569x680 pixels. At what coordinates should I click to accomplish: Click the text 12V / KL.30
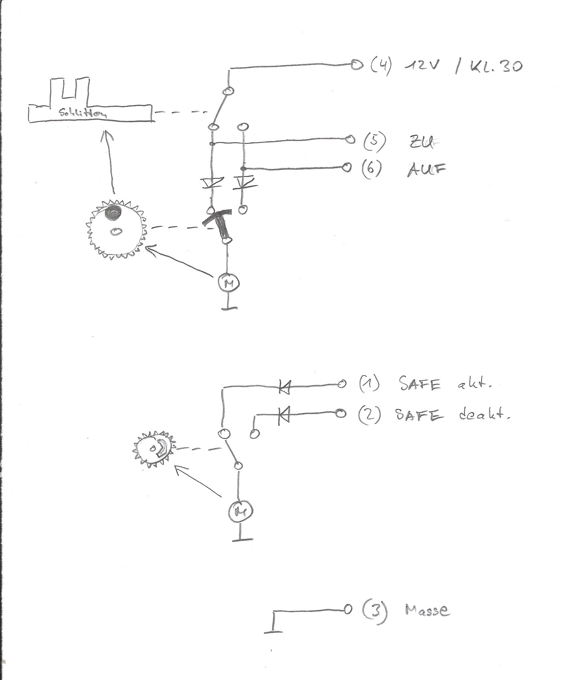pyautogui.click(x=463, y=67)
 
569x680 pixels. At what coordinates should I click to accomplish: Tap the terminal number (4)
pyautogui.click(x=381, y=66)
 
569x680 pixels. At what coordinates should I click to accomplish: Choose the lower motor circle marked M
pyautogui.click(x=240, y=512)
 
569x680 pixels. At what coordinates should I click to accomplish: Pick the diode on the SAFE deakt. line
pyautogui.click(x=284, y=415)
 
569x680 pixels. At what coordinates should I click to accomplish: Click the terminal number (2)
pyautogui.click(x=369, y=415)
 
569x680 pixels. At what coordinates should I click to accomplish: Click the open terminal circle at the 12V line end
pyautogui.click(x=357, y=65)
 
